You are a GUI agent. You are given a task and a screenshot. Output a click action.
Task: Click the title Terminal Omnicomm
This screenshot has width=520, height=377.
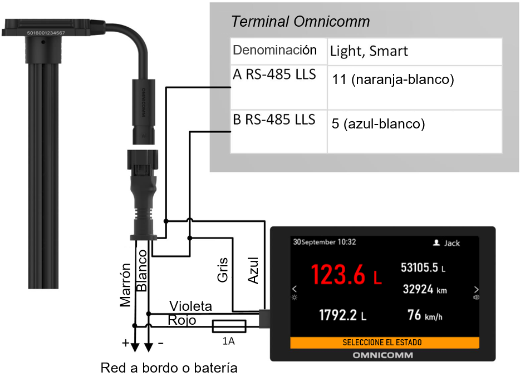click(x=300, y=22)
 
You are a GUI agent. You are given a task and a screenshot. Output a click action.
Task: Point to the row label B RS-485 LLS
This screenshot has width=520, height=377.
click(x=274, y=120)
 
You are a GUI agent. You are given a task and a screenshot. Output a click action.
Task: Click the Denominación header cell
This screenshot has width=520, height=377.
click(x=275, y=50)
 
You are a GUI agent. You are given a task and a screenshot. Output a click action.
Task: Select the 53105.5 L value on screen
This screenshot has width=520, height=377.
click(x=423, y=267)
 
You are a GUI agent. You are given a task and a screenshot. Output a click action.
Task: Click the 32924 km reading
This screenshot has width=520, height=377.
click(x=425, y=290)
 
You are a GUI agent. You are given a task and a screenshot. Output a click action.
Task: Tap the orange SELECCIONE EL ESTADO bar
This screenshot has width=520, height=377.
click(x=385, y=343)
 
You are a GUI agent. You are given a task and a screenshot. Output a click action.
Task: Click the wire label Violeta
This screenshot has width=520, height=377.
click(x=190, y=306)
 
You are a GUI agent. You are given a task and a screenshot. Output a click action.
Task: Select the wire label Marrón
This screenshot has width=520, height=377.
click(x=125, y=285)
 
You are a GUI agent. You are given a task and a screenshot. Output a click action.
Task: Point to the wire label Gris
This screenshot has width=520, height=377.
click(x=223, y=269)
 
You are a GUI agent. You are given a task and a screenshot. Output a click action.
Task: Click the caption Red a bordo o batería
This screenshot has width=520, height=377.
click(x=169, y=368)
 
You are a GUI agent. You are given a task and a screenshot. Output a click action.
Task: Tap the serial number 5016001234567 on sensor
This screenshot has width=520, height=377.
click(x=48, y=33)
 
